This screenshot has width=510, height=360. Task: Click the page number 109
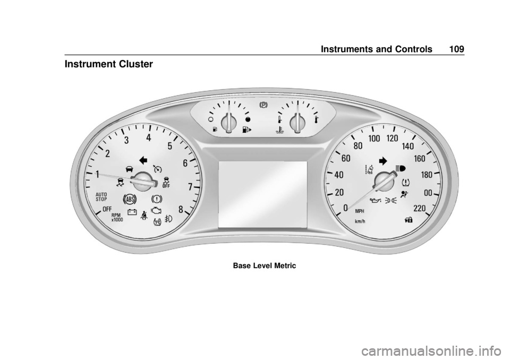pyautogui.click(x=457, y=49)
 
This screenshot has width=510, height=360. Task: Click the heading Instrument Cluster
pyautogui.click(x=108, y=64)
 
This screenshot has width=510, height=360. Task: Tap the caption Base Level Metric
pyautogui.click(x=265, y=265)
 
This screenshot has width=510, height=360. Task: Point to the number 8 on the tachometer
pyautogui.click(x=181, y=209)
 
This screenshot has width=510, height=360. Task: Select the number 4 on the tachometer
pyautogui.click(x=149, y=138)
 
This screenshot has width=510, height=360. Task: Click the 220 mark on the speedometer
pyautogui.click(x=419, y=208)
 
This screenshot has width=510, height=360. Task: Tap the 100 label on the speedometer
pyautogui.click(x=374, y=139)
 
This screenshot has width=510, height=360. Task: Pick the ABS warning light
pyautogui.click(x=130, y=199)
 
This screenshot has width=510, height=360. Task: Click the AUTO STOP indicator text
pyautogui.click(x=101, y=197)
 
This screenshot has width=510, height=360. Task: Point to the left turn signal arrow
pyautogui.click(x=143, y=160)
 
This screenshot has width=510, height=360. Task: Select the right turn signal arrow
pyautogui.click(x=383, y=161)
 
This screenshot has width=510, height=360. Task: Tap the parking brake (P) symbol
pyautogui.click(x=263, y=105)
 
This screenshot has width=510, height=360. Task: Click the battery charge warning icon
pyautogui.click(x=132, y=212)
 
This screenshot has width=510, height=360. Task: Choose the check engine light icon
pyautogui.click(x=156, y=211)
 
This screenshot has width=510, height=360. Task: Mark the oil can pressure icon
pyautogui.click(x=376, y=200)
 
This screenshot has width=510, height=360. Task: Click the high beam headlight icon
pyautogui.click(x=401, y=168)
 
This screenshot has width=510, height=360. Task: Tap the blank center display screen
pyautogui.click(x=263, y=194)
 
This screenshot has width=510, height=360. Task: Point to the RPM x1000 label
pyautogui.click(x=117, y=217)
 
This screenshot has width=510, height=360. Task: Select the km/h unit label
pyautogui.click(x=360, y=221)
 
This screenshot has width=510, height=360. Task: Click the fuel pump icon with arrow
pyautogui.click(x=246, y=130)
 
